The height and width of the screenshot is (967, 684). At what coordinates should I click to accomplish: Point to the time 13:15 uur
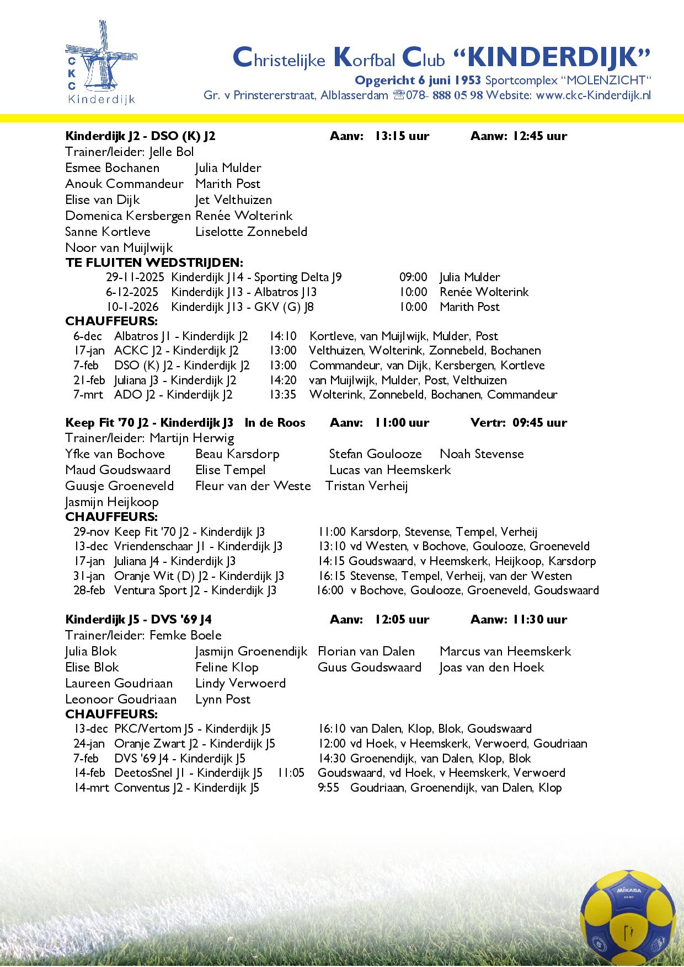click(x=402, y=136)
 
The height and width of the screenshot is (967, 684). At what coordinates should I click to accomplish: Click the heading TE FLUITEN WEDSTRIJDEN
click(x=154, y=262)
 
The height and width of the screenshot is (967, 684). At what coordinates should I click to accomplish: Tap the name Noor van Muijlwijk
click(x=119, y=248)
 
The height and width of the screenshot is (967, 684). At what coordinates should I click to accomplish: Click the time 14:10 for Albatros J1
click(x=283, y=336)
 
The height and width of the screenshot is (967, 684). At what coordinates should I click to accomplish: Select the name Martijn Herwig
click(x=192, y=438)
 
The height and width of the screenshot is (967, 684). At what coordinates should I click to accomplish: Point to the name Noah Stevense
click(x=482, y=454)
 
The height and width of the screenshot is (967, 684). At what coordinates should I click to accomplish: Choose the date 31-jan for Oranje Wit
click(x=89, y=576)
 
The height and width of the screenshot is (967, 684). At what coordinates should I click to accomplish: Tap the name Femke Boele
click(x=185, y=635)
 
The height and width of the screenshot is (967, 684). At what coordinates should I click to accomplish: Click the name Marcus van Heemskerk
click(x=505, y=651)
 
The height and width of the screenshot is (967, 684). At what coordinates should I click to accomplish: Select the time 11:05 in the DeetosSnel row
click(x=290, y=772)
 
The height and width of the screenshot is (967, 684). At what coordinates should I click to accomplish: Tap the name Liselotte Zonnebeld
click(x=251, y=232)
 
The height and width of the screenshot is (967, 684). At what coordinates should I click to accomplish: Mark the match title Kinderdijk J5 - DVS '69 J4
click(x=138, y=619)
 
